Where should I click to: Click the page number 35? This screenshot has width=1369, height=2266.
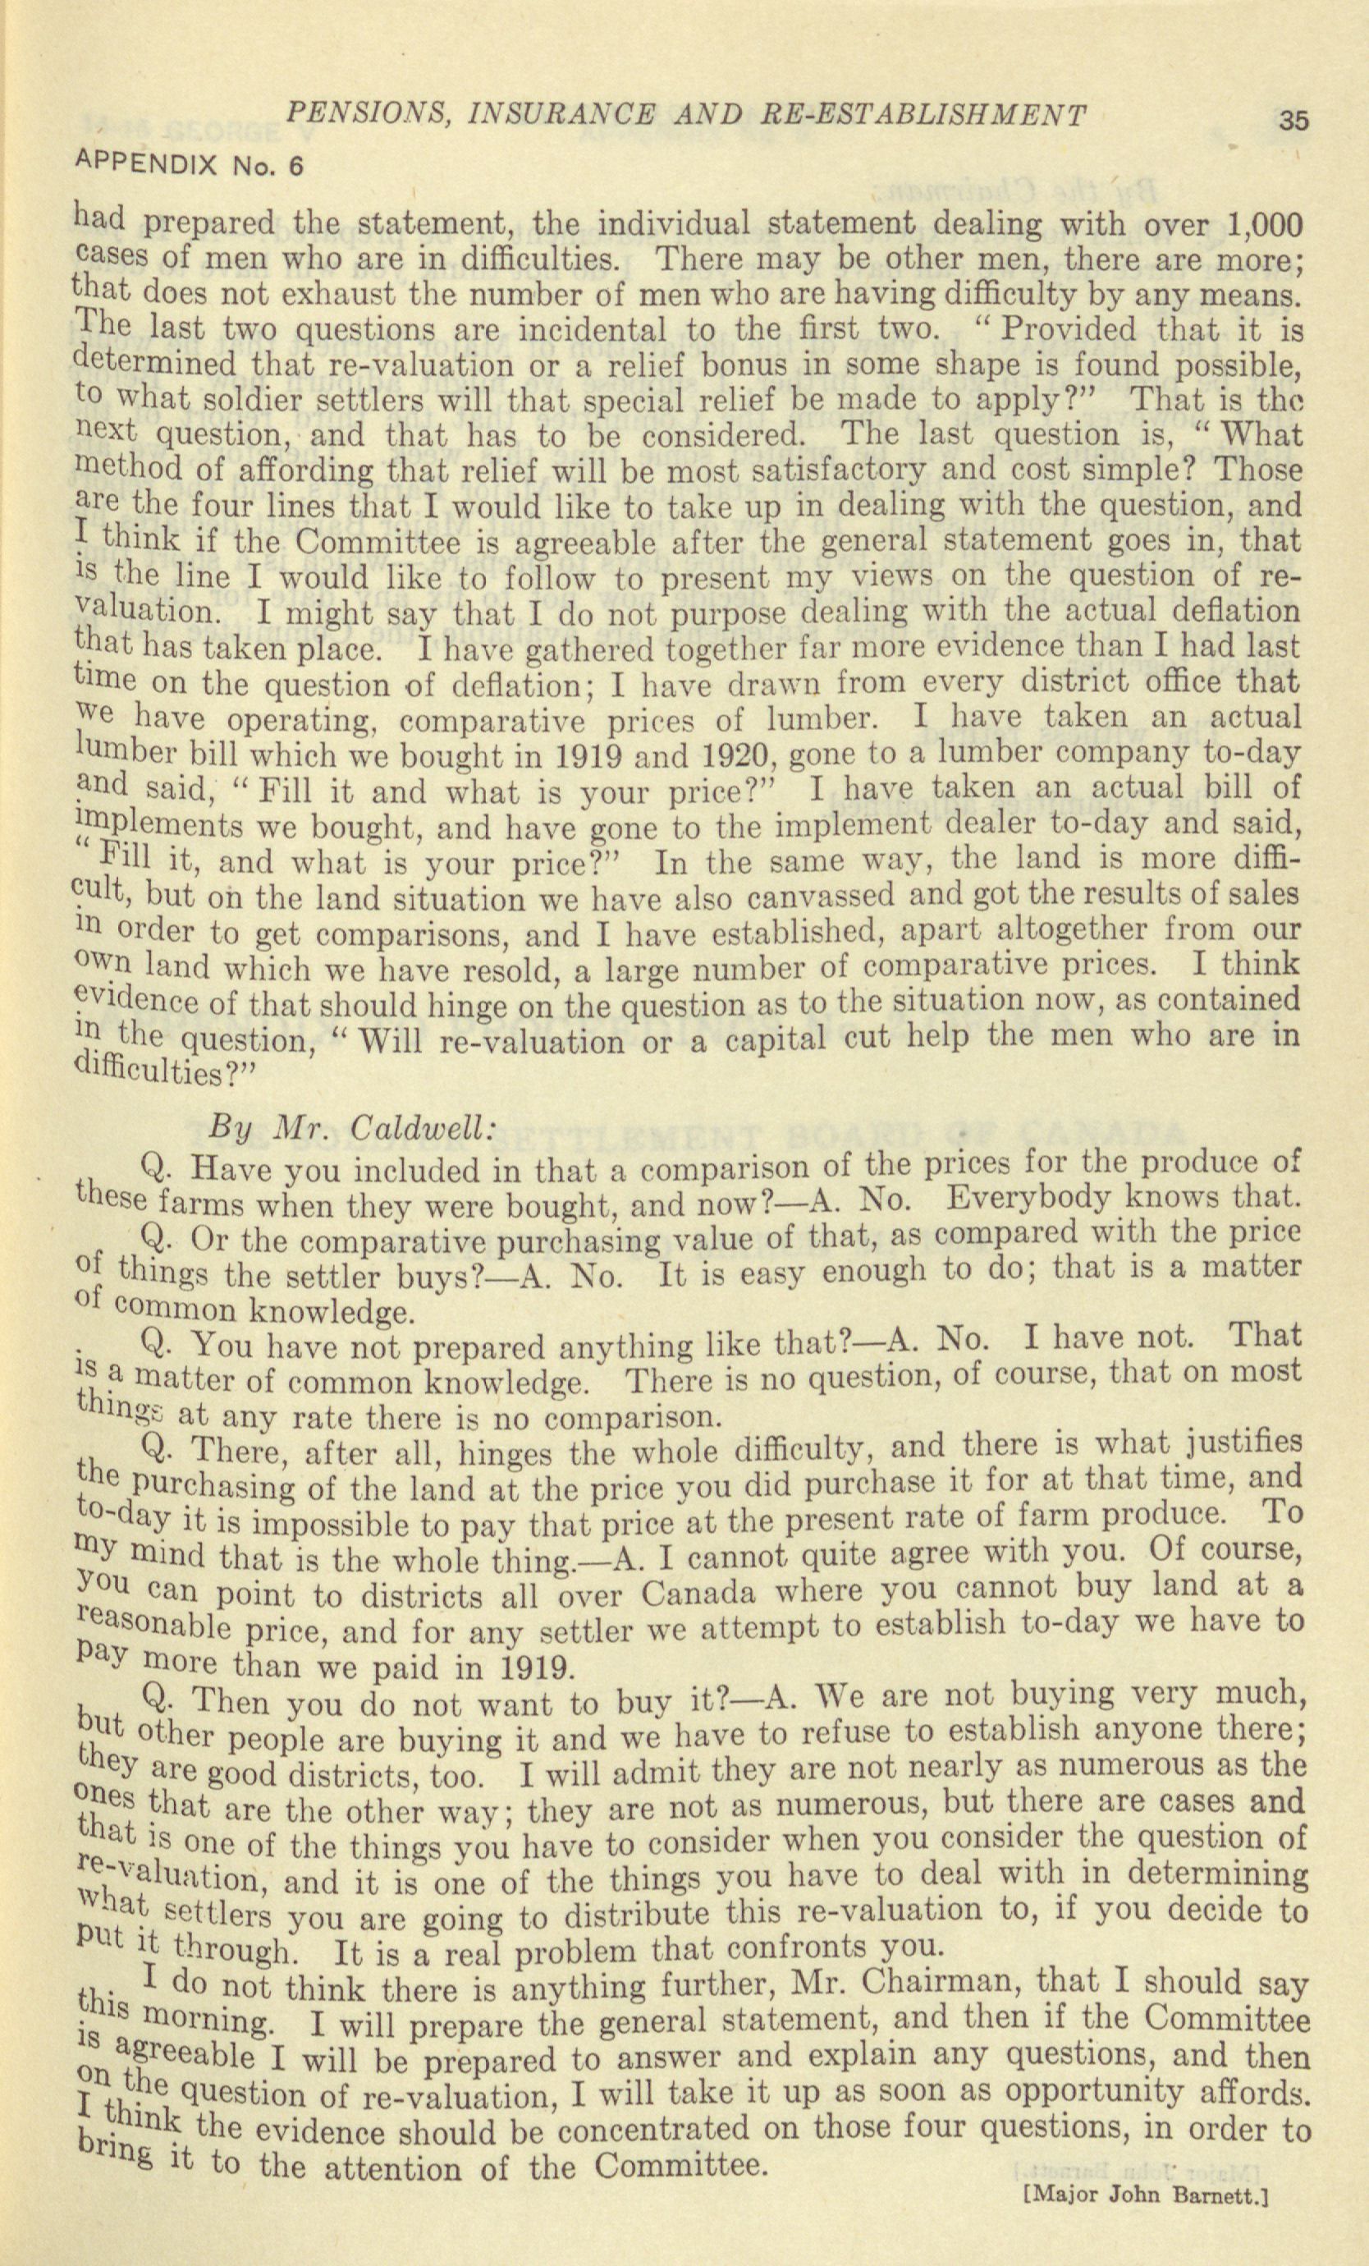(1293, 120)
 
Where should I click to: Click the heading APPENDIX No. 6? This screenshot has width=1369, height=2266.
(188, 165)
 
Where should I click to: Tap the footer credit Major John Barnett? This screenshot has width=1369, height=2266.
(1146, 2241)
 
